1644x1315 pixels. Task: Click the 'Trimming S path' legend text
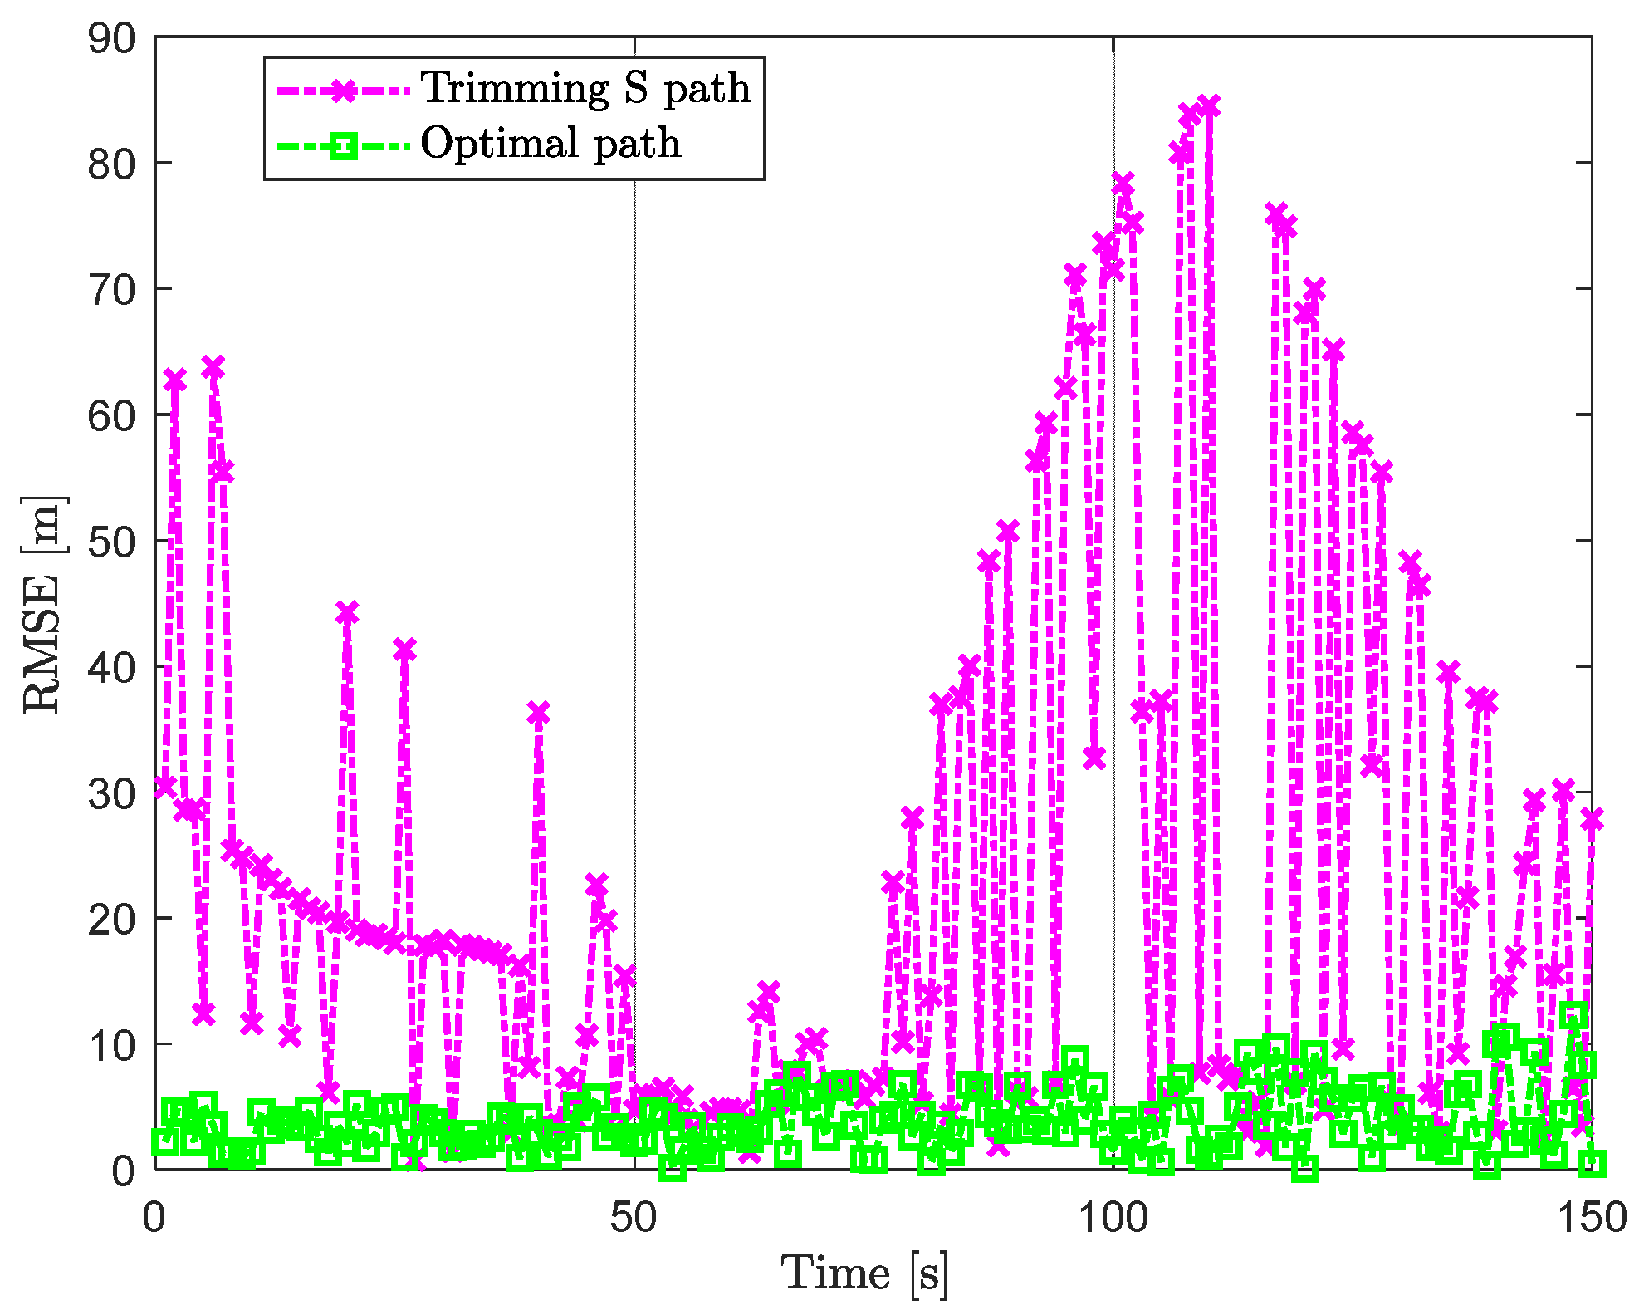(586, 88)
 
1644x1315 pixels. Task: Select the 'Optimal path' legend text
(550, 143)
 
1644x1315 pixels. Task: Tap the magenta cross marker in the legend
(343, 90)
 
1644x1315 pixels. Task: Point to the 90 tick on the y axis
(111, 38)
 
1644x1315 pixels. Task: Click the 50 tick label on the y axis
(111, 542)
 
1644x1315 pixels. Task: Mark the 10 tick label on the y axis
(111, 1045)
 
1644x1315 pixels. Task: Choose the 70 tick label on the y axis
(111, 290)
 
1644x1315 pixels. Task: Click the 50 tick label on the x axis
(634, 1218)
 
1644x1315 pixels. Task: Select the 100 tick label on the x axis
(1113, 1218)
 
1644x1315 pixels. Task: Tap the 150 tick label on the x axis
(1591, 1218)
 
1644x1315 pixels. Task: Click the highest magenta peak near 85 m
(1209, 106)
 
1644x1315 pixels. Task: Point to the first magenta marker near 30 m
(165, 786)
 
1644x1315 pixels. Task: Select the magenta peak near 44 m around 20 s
(347, 613)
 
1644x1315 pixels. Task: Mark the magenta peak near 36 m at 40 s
(538, 713)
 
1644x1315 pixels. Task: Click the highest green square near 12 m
(1573, 1014)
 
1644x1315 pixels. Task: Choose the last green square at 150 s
(1592, 1163)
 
